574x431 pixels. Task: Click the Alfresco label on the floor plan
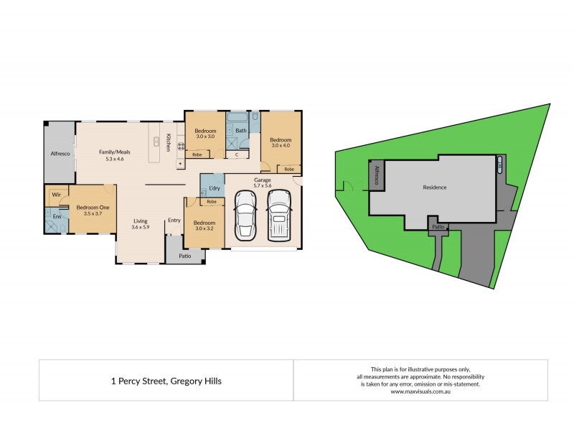(x=59, y=153)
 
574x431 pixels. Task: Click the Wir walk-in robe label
(x=55, y=195)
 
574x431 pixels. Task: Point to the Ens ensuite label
(x=56, y=215)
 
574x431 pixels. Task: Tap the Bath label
(x=241, y=131)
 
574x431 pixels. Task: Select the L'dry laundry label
(x=213, y=188)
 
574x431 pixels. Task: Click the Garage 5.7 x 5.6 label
(x=261, y=182)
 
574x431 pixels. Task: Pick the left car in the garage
(x=245, y=215)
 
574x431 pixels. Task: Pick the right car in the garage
(x=279, y=215)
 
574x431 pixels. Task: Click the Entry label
(x=174, y=221)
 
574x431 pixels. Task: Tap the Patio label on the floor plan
(x=185, y=255)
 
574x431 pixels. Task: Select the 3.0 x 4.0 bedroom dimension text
(x=281, y=146)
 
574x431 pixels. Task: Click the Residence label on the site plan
(x=434, y=187)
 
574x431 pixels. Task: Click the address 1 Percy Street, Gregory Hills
(x=166, y=381)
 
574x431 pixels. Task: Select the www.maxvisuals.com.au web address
(x=420, y=391)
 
